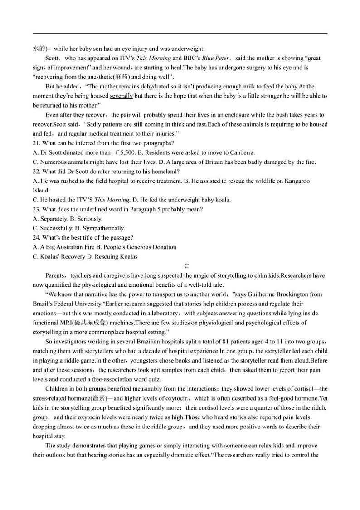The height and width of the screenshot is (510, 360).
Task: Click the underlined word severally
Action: tap(122, 96)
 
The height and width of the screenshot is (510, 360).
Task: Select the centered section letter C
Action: tap(186, 266)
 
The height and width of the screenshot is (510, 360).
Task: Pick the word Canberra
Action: tap(242, 153)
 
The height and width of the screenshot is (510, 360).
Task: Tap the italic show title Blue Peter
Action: tap(215, 58)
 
